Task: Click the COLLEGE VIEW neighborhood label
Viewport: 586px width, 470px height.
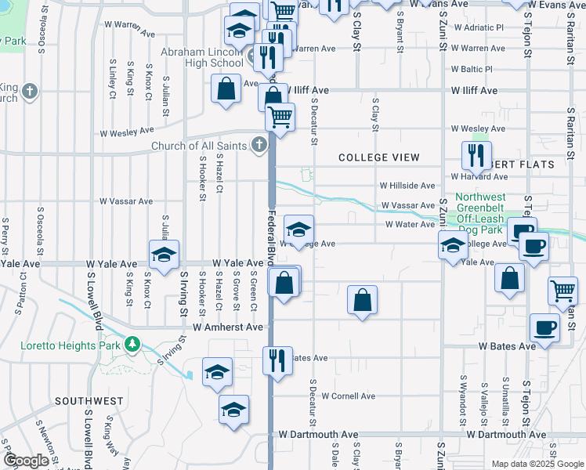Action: coord(375,157)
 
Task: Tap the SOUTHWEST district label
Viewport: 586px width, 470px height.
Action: coord(89,401)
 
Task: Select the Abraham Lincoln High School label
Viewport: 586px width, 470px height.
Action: coord(201,57)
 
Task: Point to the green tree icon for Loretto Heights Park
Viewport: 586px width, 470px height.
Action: coord(133,344)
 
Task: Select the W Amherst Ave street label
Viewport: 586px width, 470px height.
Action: coord(228,326)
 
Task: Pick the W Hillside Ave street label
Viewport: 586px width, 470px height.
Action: coord(407,186)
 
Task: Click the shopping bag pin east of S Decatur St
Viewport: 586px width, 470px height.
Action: coord(362,300)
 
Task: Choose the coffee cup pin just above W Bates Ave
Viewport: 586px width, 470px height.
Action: coord(544,327)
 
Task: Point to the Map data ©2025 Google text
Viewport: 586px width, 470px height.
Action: coord(537,464)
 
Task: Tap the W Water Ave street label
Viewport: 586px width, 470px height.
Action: coord(409,225)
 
